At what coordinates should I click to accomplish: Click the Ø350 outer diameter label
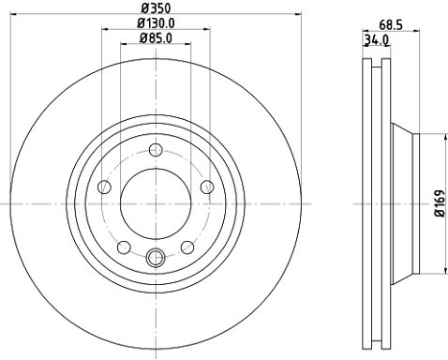(156, 7)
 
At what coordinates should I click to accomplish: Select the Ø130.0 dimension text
(156, 22)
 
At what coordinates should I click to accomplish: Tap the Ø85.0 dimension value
(156, 38)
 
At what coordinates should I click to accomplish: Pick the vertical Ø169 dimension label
(438, 202)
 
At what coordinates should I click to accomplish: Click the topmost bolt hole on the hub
(157, 149)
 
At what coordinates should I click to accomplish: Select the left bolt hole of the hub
(104, 187)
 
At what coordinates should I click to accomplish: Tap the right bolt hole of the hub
(208, 187)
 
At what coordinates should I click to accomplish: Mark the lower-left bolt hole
(124, 247)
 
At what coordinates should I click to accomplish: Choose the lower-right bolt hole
(188, 247)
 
